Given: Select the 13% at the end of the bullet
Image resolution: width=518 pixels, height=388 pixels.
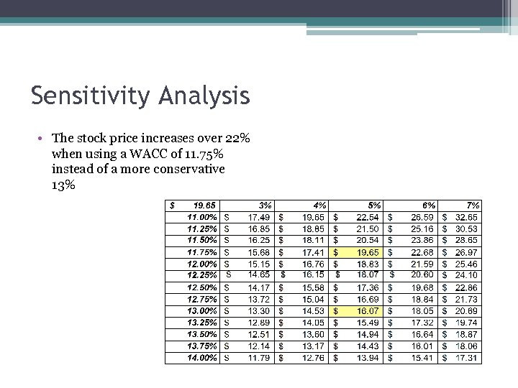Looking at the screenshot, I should click(x=63, y=184).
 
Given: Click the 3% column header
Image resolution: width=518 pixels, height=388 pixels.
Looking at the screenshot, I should click(x=265, y=205).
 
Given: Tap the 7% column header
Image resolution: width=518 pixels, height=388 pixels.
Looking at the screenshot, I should click(x=473, y=205).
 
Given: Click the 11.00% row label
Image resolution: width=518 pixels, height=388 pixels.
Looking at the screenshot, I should click(x=202, y=216).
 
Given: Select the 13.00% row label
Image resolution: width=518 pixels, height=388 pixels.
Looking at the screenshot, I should click(x=202, y=310).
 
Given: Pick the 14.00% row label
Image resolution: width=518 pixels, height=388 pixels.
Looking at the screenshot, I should click(x=202, y=357).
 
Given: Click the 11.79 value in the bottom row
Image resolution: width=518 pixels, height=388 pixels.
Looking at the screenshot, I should click(x=260, y=357).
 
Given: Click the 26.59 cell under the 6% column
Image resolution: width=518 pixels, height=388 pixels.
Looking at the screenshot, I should click(x=422, y=216).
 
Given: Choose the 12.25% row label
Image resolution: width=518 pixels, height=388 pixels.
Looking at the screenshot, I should click(x=202, y=274).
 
